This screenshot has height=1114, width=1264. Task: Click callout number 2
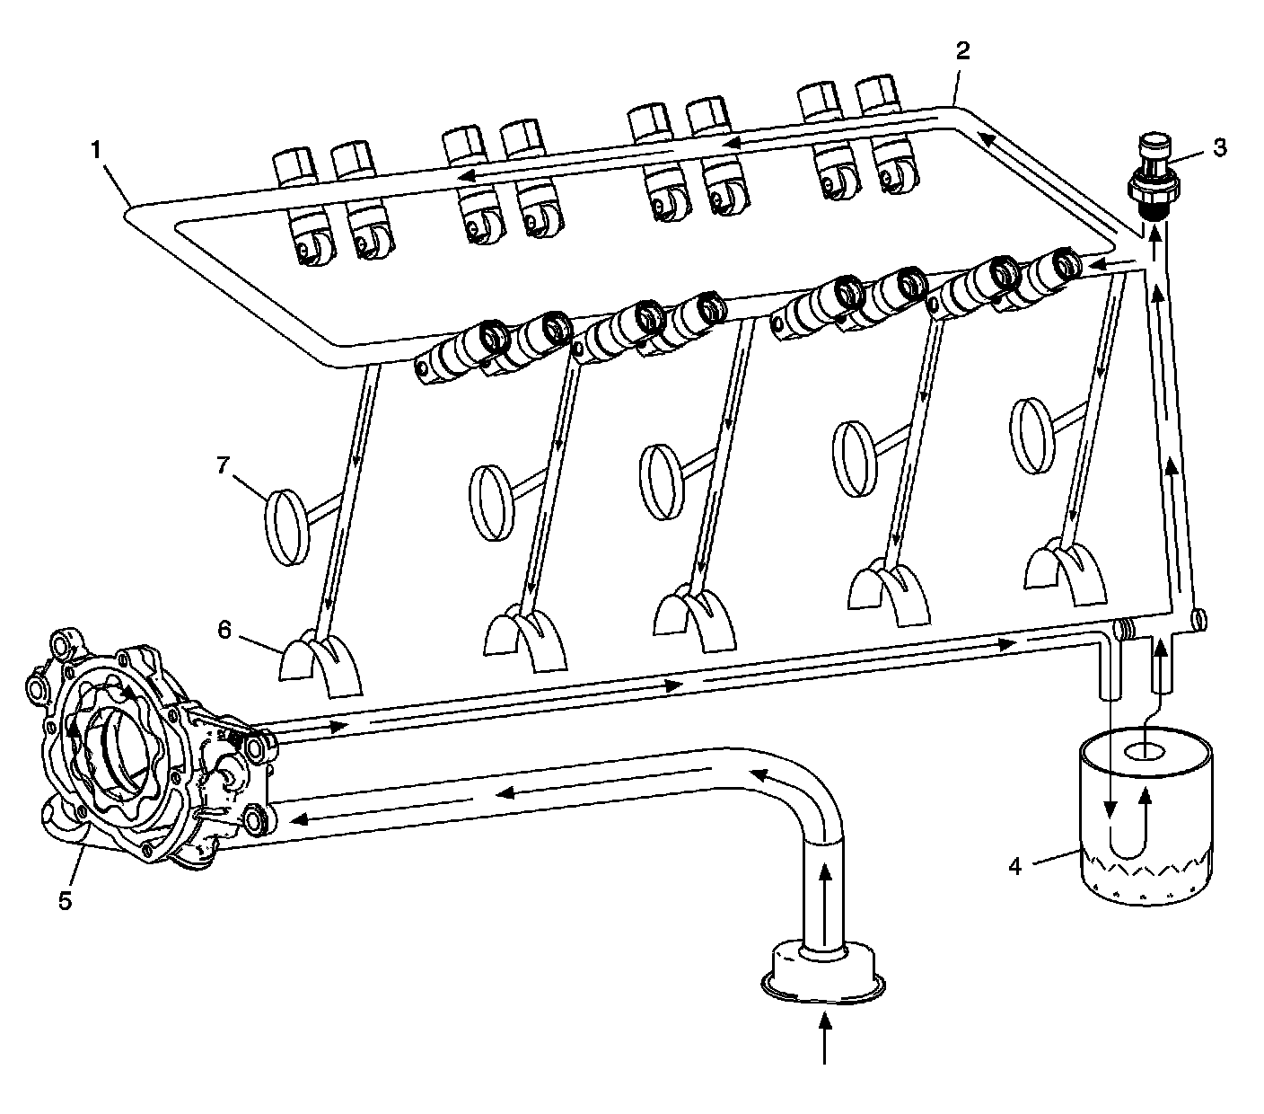pos(961,51)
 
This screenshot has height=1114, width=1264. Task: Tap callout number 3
pos(1220,148)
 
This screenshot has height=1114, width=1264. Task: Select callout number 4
pos(1015,866)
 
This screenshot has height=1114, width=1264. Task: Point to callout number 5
pos(65,900)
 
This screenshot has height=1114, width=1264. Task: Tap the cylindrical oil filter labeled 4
pos(1146,818)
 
